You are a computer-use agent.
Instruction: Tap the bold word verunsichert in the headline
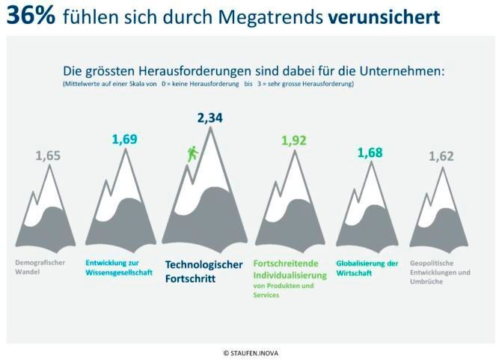(383, 16)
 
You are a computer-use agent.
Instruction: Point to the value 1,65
(48, 156)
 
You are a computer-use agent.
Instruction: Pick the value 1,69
(125, 138)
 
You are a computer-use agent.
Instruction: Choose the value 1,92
(294, 140)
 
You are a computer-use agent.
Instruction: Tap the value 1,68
(370, 153)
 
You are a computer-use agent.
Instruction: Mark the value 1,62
(441, 156)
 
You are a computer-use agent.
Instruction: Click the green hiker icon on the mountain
(192, 154)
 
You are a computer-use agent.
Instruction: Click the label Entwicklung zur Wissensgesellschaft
(119, 268)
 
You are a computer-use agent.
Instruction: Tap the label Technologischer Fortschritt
(203, 271)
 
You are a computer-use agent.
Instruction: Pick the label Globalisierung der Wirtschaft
(367, 268)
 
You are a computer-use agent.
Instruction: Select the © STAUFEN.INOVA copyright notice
(251, 351)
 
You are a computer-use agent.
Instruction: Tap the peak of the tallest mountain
(212, 129)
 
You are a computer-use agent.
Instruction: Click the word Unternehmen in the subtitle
(402, 71)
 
